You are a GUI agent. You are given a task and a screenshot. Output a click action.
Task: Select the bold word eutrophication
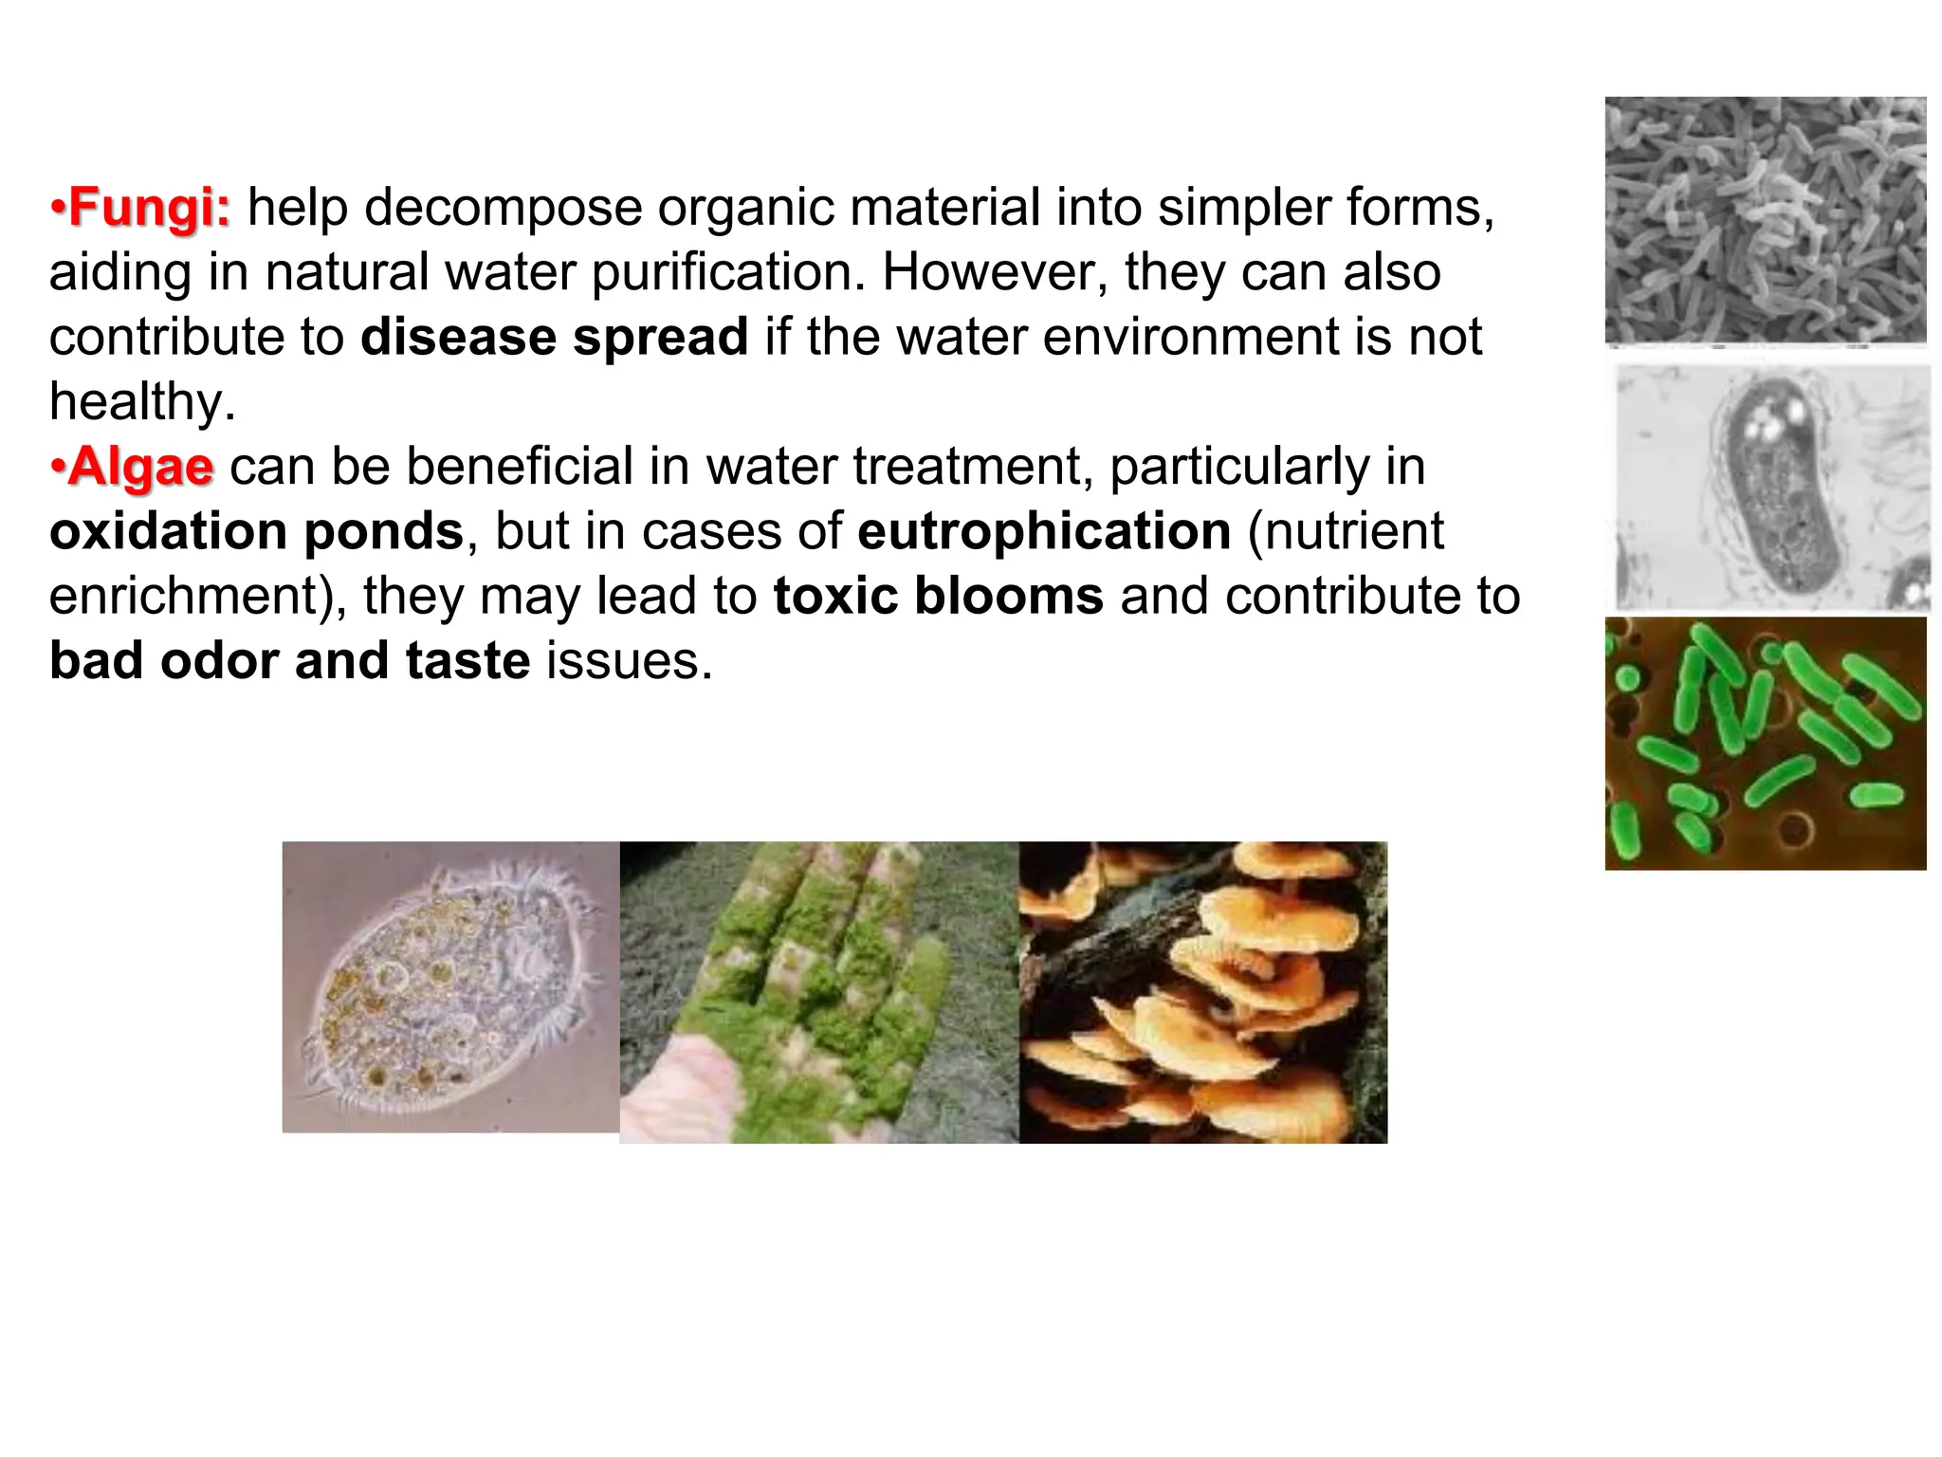1044,530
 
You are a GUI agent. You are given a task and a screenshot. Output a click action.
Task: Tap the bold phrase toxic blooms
939,596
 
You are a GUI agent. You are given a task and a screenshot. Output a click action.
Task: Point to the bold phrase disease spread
555,337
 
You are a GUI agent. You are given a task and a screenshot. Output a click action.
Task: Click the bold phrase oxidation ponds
256,530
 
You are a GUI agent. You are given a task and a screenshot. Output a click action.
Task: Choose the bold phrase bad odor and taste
289,660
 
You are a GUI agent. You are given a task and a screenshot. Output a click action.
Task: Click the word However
995,272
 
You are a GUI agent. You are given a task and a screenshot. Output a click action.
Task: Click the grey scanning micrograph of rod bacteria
1765,220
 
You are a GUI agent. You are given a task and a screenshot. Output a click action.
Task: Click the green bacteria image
1765,743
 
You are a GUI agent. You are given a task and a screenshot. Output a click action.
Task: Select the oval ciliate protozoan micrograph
450,987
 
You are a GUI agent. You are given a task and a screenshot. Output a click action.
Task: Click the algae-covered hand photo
819,991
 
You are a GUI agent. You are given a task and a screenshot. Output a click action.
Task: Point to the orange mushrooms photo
1202,991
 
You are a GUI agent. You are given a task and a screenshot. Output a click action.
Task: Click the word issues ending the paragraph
628,660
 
